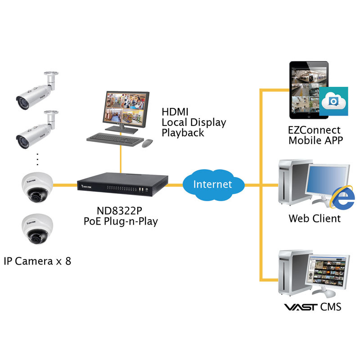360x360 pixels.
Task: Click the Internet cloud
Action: [213, 184]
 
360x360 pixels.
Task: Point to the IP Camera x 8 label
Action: [37, 261]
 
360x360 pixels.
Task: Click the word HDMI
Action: [175, 112]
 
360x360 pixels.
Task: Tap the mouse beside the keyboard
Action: [148, 144]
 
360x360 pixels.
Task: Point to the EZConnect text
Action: [314, 130]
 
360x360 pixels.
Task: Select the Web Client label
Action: [315, 219]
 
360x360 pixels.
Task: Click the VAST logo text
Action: [299, 307]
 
